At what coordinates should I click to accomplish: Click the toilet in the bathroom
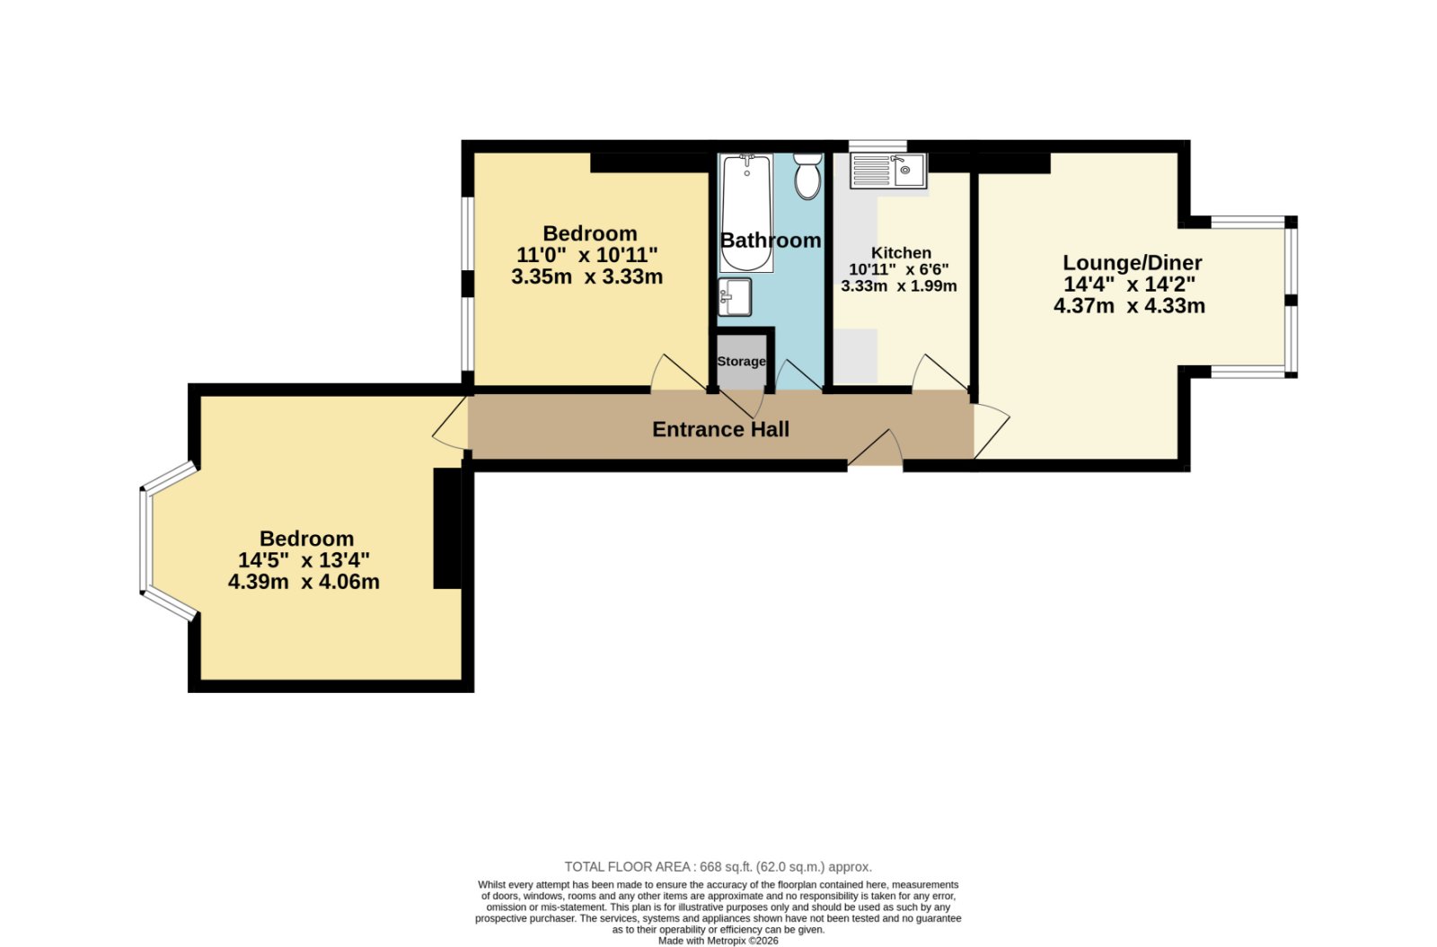[x=807, y=176]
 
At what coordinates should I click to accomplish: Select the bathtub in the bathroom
[x=746, y=213]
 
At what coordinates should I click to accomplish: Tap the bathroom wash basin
[x=735, y=297]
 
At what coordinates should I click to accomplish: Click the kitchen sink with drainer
[x=888, y=171]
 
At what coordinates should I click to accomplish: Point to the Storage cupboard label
[x=741, y=361]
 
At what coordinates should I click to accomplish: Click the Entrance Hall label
[x=720, y=429]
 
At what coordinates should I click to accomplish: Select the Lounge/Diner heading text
[x=1133, y=262]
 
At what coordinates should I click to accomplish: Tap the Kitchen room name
[x=901, y=252]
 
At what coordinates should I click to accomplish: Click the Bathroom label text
[x=771, y=241]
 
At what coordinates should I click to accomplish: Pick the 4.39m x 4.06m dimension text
[x=304, y=582]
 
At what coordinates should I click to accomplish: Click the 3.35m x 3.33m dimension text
[x=587, y=276]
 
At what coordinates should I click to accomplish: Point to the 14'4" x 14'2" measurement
[x=1130, y=284]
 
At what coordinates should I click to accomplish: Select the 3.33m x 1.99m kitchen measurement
[x=899, y=286]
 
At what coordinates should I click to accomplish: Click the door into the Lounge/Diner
[x=992, y=430]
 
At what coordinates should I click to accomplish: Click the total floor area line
[x=718, y=867]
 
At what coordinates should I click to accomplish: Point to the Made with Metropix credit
[x=718, y=941]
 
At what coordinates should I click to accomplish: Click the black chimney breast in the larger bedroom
[x=447, y=529]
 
